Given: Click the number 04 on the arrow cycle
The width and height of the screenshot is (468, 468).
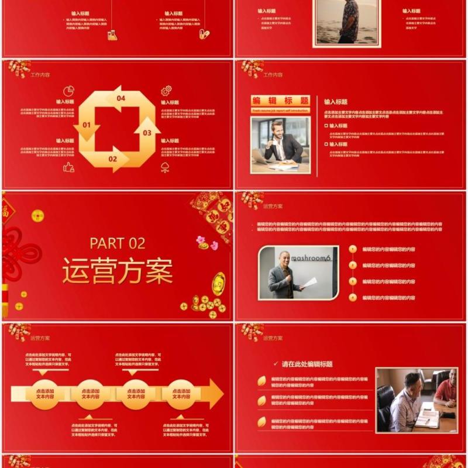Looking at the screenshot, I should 121,98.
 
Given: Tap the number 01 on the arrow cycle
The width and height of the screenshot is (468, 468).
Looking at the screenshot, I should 87,125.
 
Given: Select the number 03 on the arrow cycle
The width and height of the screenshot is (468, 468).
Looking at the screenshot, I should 147,133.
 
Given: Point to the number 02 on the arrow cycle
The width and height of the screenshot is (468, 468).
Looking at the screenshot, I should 112,159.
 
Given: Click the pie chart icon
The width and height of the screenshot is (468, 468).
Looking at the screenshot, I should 68,91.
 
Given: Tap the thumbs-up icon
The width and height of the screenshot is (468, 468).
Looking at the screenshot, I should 68,167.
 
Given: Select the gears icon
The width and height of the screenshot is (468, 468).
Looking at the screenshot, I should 166,91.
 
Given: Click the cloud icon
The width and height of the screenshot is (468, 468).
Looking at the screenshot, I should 166,168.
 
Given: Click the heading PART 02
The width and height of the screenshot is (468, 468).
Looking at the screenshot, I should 117,243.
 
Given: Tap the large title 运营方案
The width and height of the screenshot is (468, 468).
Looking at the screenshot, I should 118,271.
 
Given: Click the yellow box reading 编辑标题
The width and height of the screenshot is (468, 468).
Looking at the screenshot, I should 280,101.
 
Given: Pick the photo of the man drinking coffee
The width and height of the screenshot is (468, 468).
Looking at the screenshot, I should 281,144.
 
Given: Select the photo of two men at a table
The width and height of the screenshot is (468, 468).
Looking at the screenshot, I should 416,400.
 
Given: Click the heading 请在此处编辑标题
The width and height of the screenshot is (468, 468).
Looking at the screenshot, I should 307,364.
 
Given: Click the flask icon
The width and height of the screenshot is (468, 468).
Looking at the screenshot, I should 112,35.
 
